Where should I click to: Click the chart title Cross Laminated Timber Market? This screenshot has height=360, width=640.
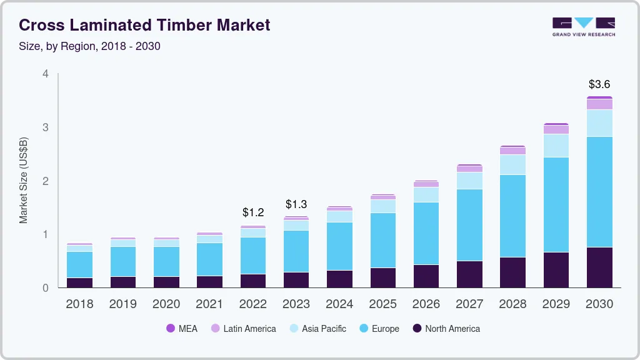tap(144, 25)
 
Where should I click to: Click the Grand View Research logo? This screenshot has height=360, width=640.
tap(583, 26)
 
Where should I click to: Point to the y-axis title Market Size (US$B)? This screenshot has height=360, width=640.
tap(23, 180)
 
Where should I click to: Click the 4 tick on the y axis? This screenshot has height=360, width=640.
tap(45, 74)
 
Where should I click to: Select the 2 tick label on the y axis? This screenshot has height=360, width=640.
tap(45, 181)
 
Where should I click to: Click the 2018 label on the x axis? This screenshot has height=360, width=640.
tap(79, 304)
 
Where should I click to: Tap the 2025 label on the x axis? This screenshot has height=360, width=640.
tap(382, 304)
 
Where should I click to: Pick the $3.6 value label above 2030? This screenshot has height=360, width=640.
tap(599, 84)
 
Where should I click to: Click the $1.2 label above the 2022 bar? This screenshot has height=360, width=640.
tap(253, 212)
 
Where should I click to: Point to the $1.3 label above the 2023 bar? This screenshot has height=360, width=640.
tap(296, 204)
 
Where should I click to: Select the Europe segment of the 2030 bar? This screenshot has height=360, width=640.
tap(599, 192)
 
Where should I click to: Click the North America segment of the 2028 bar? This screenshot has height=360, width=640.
tap(513, 272)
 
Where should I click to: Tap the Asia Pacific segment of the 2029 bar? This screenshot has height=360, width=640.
tap(556, 146)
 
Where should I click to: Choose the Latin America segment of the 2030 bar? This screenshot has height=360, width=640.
tap(599, 104)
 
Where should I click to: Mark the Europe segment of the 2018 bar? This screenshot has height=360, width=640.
tap(79, 264)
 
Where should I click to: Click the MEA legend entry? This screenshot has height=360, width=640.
tap(182, 328)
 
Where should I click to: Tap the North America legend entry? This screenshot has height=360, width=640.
tap(446, 328)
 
